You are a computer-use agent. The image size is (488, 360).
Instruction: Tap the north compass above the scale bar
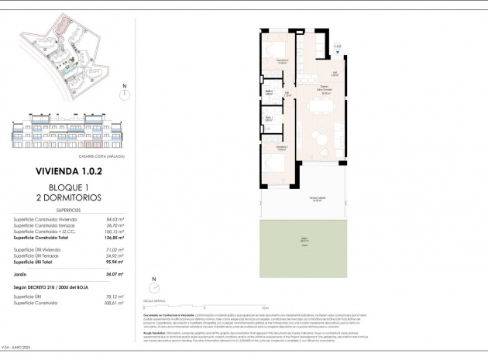pos(154,286)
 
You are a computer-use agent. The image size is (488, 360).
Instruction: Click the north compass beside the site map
pos(125,94)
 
